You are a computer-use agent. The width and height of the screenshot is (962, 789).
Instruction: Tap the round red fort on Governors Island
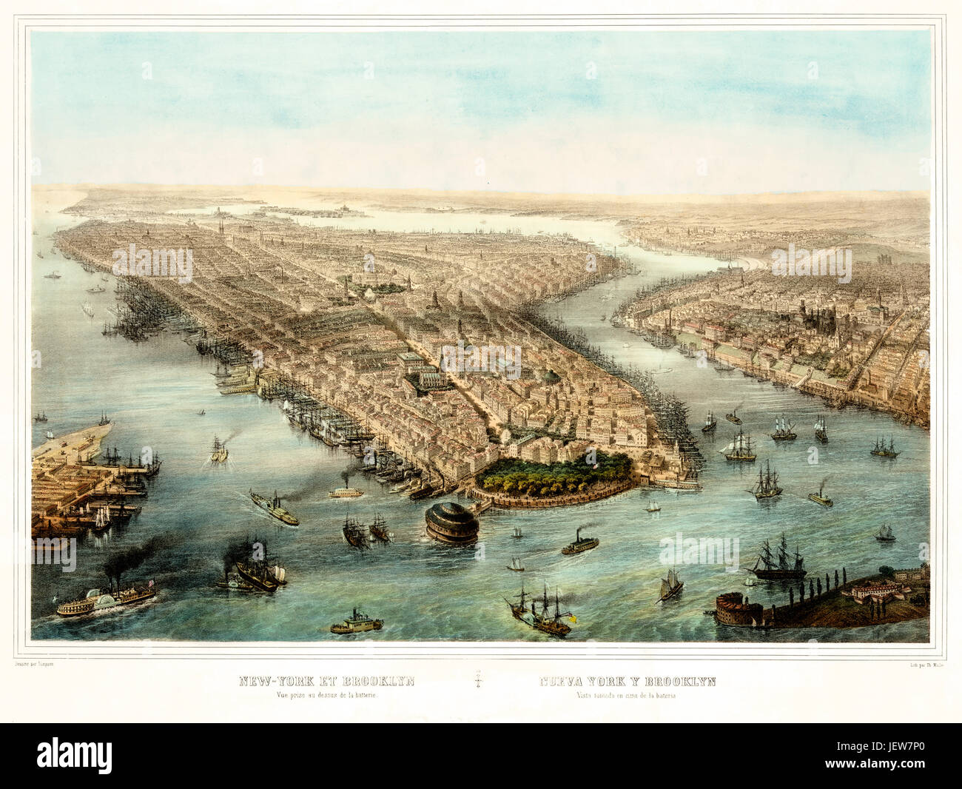739,609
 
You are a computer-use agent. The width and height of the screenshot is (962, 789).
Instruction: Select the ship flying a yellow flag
540,611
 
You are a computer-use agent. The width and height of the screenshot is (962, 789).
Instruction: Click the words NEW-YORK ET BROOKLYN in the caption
326,682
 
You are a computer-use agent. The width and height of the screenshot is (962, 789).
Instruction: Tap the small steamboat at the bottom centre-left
356,623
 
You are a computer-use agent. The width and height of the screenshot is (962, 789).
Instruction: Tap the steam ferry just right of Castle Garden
579,544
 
